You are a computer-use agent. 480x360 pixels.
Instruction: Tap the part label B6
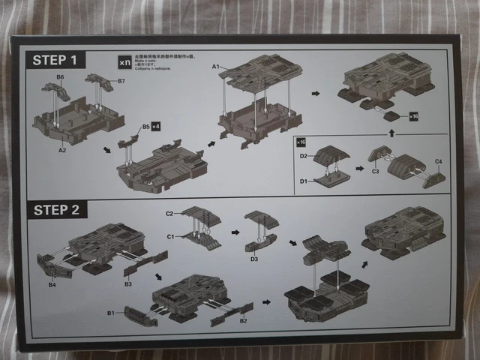click(x=59, y=77)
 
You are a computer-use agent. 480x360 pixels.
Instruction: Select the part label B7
click(x=122, y=80)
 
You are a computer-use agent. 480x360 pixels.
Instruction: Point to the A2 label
click(x=62, y=149)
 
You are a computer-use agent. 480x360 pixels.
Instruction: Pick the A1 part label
click(x=214, y=67)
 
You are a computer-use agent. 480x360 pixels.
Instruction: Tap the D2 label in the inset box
click(x=304, y=155)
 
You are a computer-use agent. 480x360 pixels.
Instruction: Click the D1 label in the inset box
click(x=304, y=181)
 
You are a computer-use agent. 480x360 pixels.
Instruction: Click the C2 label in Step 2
click(x=169, y=214)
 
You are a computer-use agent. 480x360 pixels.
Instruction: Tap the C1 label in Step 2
click(x=169, y=236)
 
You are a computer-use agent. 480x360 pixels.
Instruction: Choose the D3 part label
click(x=254, y=259)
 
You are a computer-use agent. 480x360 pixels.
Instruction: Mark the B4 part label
click(x=52, y=284)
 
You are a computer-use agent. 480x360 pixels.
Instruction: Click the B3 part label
click(x=127, y=284)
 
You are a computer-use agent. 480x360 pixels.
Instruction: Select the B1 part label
click(x=109, y=311)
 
